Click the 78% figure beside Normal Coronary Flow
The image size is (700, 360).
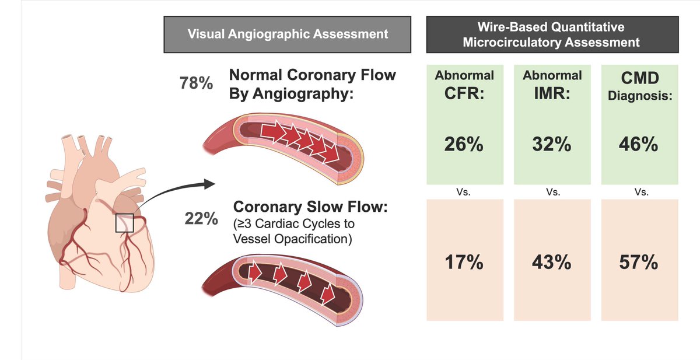(x=196, y=83)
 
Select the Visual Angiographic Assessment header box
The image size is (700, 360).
(x=288, y=34)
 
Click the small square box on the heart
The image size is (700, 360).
(x=124, y=223)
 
